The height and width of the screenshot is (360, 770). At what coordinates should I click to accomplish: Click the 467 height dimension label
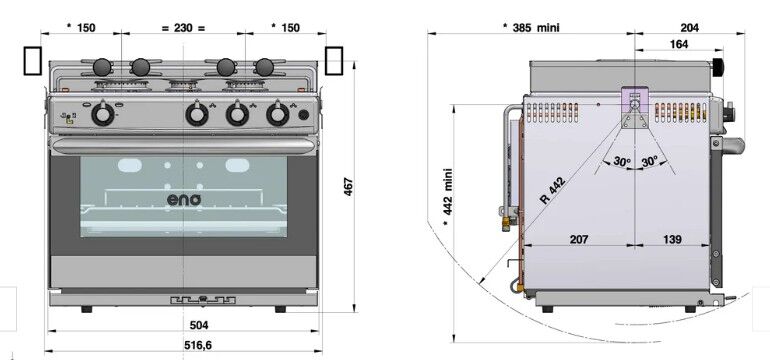349,187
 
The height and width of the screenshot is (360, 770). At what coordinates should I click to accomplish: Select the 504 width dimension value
199,325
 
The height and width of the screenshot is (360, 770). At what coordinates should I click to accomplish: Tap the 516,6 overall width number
198,345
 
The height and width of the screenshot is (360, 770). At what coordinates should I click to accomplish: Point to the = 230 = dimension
183,28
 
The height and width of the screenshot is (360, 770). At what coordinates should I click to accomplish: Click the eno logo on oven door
184,200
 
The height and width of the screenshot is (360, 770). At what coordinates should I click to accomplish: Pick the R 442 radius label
552,190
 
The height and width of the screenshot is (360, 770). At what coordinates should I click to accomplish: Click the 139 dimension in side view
672,239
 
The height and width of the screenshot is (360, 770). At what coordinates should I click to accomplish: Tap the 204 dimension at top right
690,28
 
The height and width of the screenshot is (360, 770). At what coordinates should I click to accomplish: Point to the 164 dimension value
679,44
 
